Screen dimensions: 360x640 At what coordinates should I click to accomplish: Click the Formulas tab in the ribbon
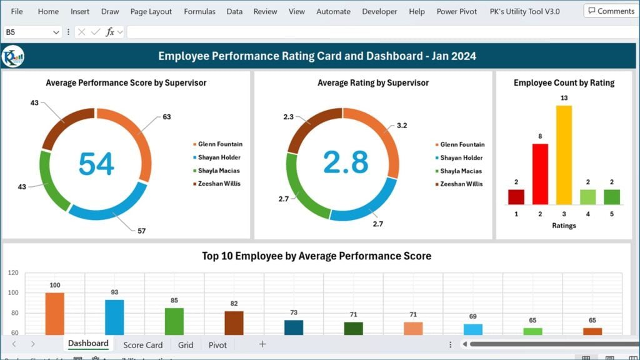199,11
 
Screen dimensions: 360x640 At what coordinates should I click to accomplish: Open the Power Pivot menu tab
456,11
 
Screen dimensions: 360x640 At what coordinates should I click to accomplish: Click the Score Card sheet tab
142,344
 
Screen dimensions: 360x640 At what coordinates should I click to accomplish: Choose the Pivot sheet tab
217,344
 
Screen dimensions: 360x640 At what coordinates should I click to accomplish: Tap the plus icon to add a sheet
262,344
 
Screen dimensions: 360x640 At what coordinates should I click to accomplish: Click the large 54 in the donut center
96,164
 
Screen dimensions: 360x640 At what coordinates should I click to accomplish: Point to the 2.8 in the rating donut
346,162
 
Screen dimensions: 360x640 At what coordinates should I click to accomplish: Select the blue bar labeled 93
114,317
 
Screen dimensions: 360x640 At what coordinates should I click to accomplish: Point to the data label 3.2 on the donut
402,126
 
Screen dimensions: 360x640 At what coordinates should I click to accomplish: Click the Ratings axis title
564,226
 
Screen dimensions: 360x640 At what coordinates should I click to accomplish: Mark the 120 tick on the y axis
13,273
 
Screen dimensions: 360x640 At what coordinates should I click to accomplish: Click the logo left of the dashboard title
12,56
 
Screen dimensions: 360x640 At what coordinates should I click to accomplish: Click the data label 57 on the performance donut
141,231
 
